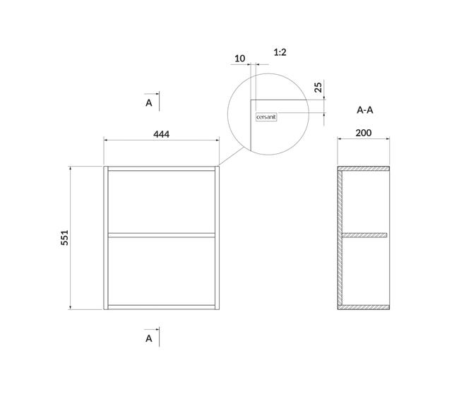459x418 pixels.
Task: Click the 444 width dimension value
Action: [x=161, y=134]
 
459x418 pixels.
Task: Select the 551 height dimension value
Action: [x=64, y=237]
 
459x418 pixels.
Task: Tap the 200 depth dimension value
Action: [x=364, y=133]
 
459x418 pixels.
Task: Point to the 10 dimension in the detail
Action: [x=240, y=59]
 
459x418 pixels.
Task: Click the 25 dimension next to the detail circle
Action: [x=318, y=88]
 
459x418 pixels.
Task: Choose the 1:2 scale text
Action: [x=280, y=52]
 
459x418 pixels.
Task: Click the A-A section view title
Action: [x=365, y=110]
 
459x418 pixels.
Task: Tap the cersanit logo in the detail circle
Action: [x=266, y=117]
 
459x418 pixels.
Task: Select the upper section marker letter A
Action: [x=149, y=103]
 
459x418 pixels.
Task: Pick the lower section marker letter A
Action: [x=149, y=338]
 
